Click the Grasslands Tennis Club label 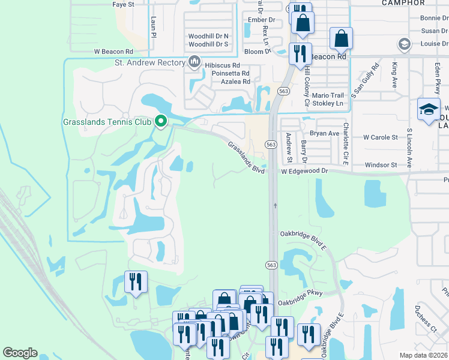pyautogui.click(x=107, y=122)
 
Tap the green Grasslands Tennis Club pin pyautogui.click(x=160, y=121)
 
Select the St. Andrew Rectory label pyautogui.click(x=149, y=62)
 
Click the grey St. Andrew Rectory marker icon pyautogui.click(x=194, y=62)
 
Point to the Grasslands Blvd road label pyautogui.click(x=246, y=158)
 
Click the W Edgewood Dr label pyautogui.click(x=305, y=171)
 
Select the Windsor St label pyautogui.click(x=381, y=164)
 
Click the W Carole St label pyautogui.click(x=381, y=137)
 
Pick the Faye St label pyautogui.click(x=123, y=4)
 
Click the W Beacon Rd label pyautogui.click(x=113, y=52)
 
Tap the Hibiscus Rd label pyautogui.click(x=223, y=65)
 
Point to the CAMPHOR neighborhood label pyautogui.click(x=403, y=3)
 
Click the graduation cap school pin pyautogui.click(x=429, y=110)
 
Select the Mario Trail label pyautogui.click(x=328, y=95)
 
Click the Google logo pyautogui.click(x=20, y=353)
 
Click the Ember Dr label pyautogui.click(x=262, y=20)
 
